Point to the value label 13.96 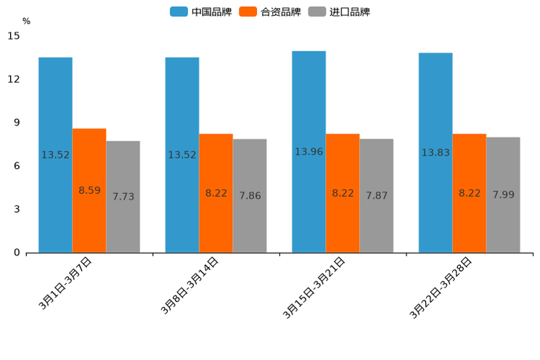pyautogui.click(x=308, y=152)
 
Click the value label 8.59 pyautogui.click(x=89, y=190)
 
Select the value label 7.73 pyautogui.click(x=123, y=196)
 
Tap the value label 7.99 pyautogui.click(x=504, y=195)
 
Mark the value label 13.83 pyautogui.click(x=435, y=152)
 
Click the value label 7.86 pyautogui.click(x=250, y=195)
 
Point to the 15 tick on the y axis pyautogui.click(x=15, y=36)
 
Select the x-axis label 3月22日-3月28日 pyautogui.click(x=442, y=286)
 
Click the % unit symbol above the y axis pyautogui.click(x=26, y=21)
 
